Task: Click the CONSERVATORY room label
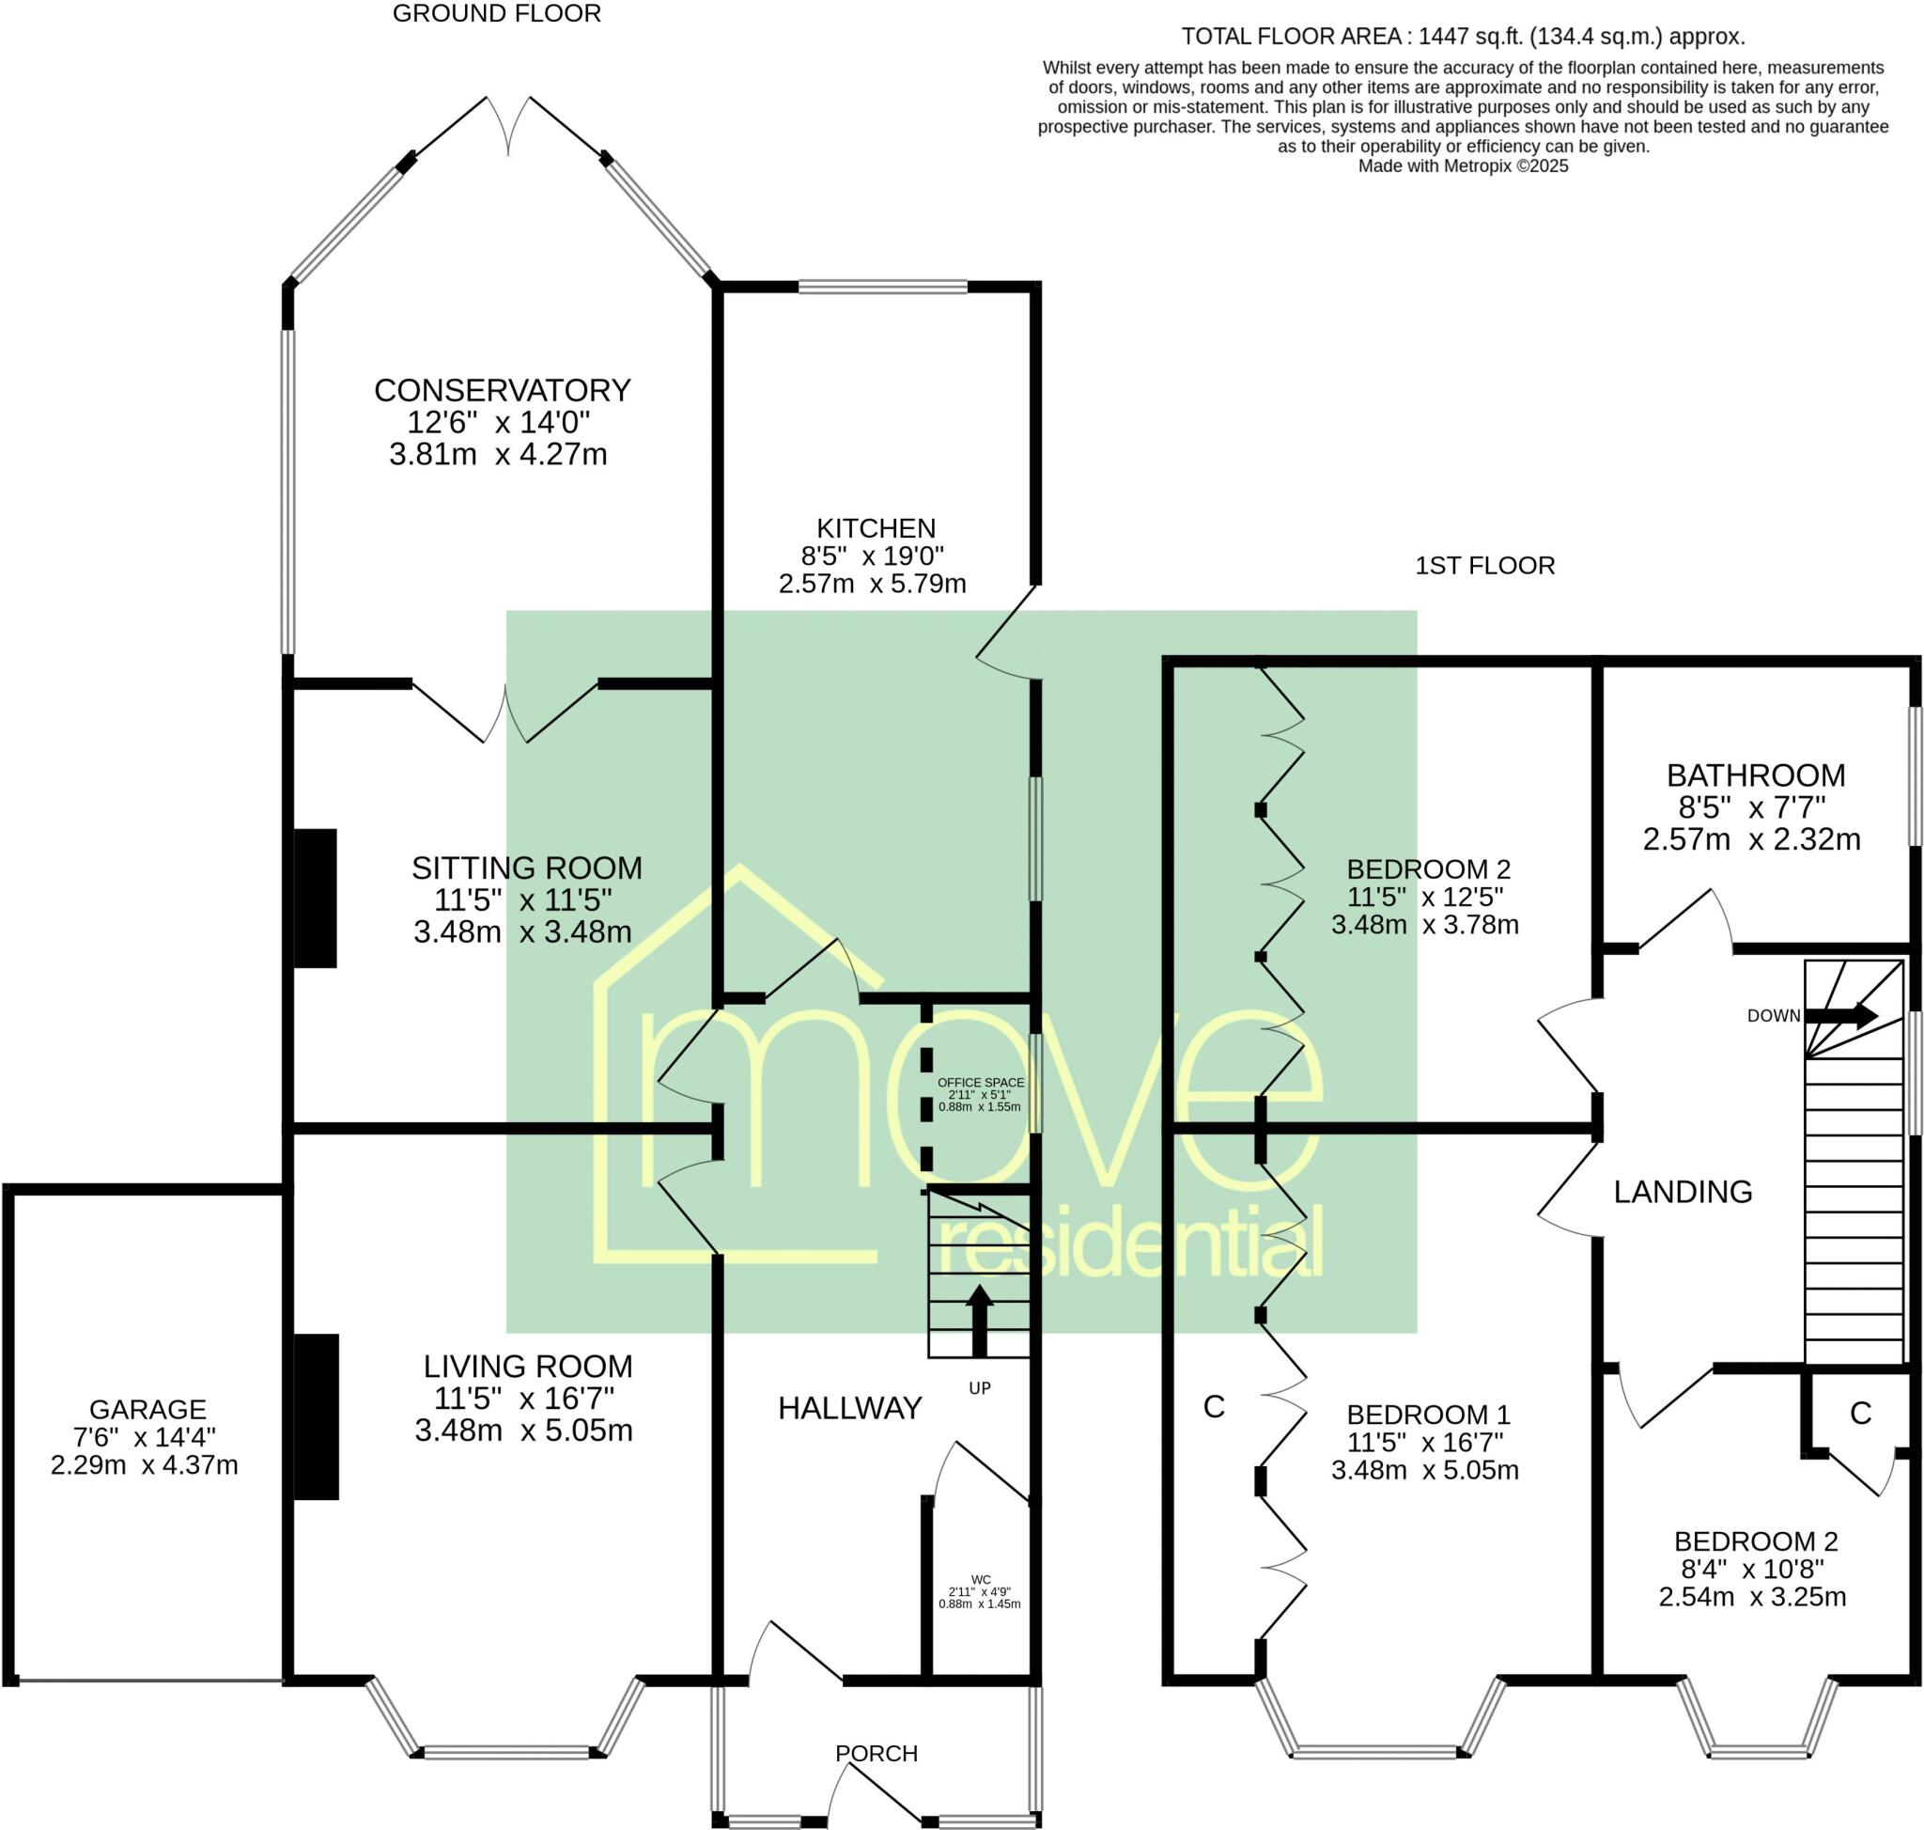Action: (x=503, y=390)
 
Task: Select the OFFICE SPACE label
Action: (x=981, y=1082)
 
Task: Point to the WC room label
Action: (x=981, y=1579)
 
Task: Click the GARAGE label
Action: (x=147, y=1409)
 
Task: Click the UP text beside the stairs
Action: (x=980, y=1388)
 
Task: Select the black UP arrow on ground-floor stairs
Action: (x=979, y=1321)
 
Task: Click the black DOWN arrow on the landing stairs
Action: (x=1841, y=1015)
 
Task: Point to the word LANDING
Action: (x=1683, y=1191)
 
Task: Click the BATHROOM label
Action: (x=1755, y=775)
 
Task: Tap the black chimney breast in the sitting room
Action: (x=316, y=899)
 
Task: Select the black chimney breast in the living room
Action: (x=317, y=1416)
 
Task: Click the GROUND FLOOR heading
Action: (x=497, y=14)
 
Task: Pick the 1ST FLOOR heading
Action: (x=1484, y=566)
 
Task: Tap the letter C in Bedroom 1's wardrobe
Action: (x=1214, y=1407)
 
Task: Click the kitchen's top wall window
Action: (x=883, y=286)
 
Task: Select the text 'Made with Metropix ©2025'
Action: (x=1463, y=165)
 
